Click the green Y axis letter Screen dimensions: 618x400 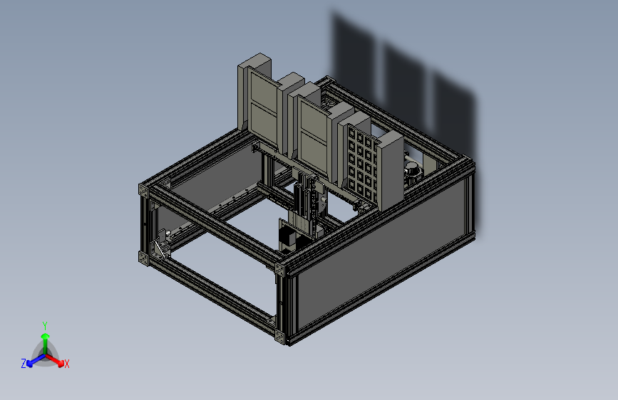point(45,325)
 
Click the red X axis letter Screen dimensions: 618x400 point(66,364)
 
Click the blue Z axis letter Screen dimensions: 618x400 point(24,364)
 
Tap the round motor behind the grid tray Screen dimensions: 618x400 point(412,172)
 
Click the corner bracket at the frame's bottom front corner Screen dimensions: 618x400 point(279,337)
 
